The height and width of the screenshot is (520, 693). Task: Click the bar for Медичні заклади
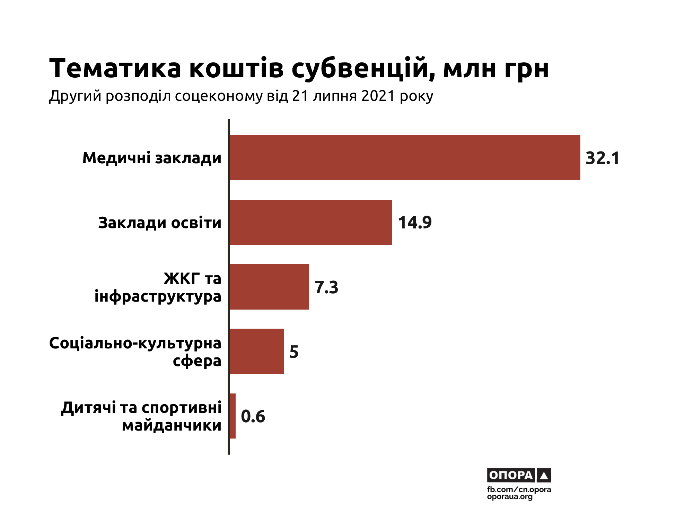tap(405, 157)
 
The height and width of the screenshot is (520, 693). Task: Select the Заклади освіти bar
tap(310, 222)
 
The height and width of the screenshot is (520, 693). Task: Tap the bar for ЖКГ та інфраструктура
tap(269, 287)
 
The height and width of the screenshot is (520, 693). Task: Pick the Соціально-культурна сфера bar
tap(256, 351)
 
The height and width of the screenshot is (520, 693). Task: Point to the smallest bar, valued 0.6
tap(233, 416)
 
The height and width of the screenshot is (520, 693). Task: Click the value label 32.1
tap(602, 158)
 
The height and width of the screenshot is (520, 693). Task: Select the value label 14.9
tap(414, 223)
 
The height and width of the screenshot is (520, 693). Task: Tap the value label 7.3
tap(326, 287)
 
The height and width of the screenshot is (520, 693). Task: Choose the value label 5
tap(294, 352)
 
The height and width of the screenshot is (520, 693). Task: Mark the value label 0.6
tap(253, 416)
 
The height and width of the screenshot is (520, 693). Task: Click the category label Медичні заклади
tap(152, 158)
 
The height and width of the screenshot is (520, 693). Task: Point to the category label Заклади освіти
tap(159, 223)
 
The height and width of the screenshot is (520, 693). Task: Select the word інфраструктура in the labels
tap(158, 297)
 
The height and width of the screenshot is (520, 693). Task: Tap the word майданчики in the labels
tap(172, 425)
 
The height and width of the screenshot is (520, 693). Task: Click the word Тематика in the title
tap(115, 68)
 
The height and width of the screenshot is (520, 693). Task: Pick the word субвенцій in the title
tap(363, 68)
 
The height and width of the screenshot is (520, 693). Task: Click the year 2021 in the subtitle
tap(378, 96)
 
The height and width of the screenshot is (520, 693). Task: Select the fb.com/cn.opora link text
tap(519, 489)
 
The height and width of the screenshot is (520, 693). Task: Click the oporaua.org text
tap(510, 497)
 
